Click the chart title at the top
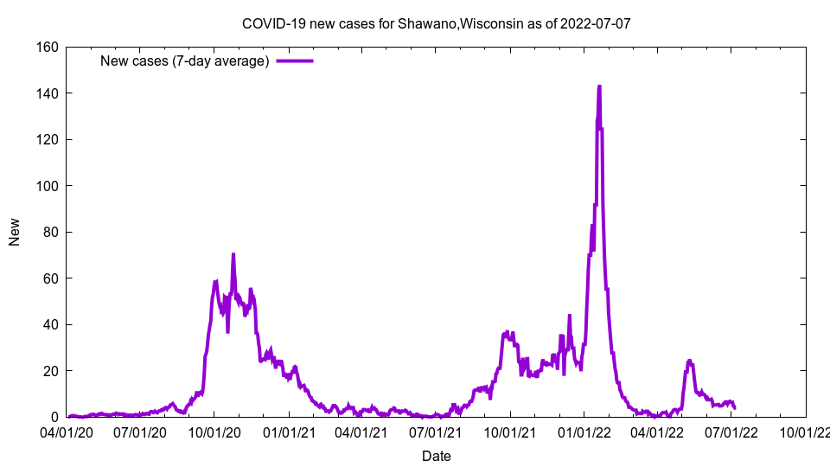[436, 23]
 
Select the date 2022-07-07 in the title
[596, 23]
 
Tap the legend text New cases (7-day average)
[185, 61]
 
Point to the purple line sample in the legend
[295, 61]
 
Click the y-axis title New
[15, 232]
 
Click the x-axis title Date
[436, 456]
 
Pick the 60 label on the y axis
[48, 278]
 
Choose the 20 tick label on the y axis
[48, 371]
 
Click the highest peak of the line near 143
[599, 86]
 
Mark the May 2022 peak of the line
[689, 361]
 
